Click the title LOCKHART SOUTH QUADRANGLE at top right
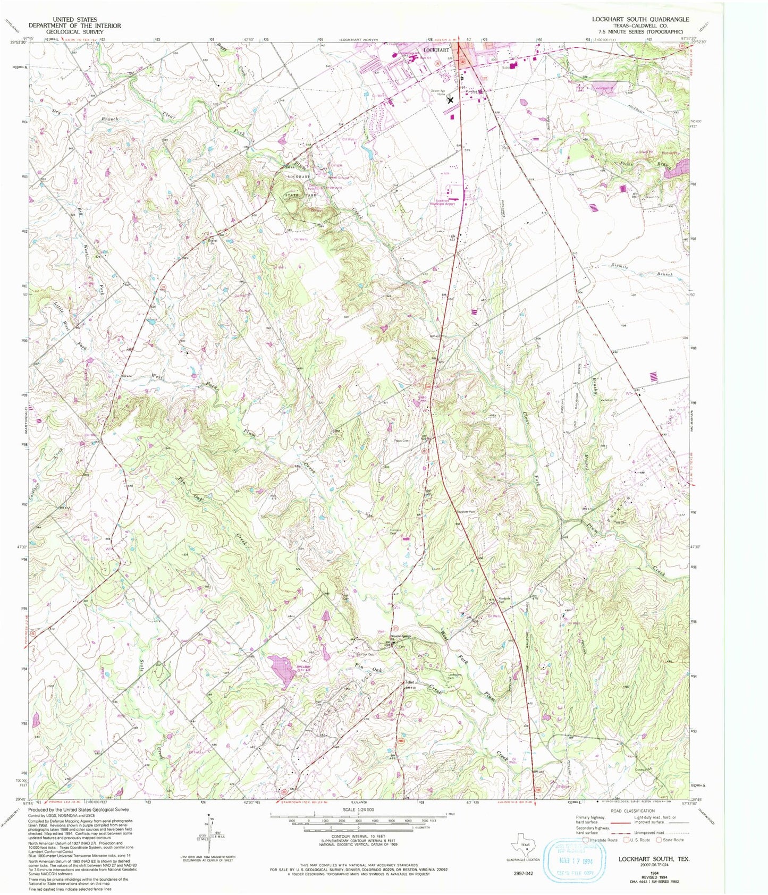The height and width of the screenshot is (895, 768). coord(640,19)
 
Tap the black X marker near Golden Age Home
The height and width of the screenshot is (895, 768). coord(451,99)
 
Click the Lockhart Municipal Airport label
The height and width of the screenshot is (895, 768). coord(446,202)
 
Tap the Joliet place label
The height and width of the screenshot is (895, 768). coord(409,682)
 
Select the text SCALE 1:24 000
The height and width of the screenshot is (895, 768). coord(358,809)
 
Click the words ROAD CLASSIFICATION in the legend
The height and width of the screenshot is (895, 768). coord(633,811)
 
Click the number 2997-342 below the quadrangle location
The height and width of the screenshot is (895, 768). coord(524,873)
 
